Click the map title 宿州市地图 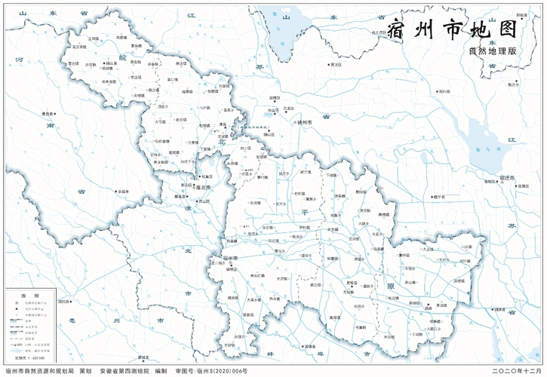tap(450, 30)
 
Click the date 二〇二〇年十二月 tap(516, 371)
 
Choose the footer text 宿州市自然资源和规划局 tap(38, 371)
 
